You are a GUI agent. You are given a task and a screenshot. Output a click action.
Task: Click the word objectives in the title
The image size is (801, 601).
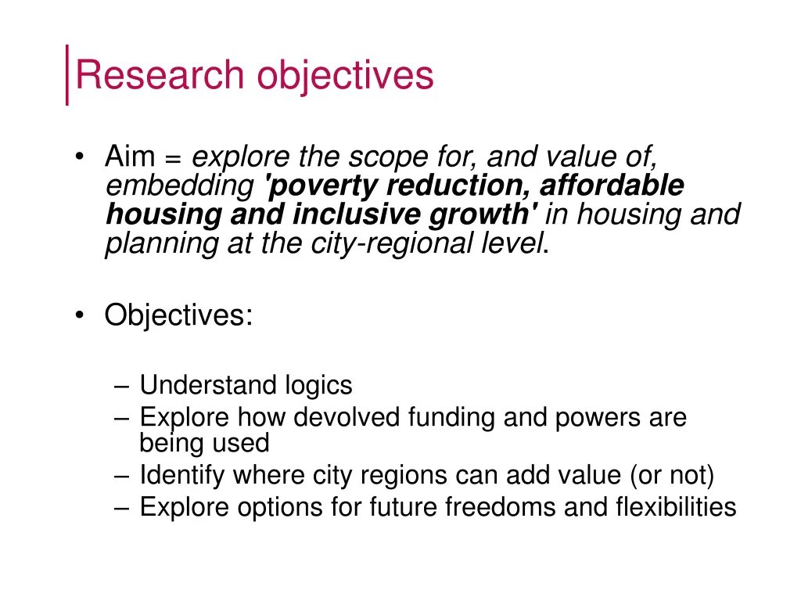click(x=343, y=76)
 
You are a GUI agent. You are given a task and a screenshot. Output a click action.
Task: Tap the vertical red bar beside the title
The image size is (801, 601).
click(x=67, y=74)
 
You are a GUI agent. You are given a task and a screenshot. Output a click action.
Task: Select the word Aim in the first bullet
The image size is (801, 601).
click(x=130, y=158)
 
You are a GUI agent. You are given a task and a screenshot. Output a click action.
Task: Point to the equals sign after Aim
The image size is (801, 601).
click(x=174, y=159)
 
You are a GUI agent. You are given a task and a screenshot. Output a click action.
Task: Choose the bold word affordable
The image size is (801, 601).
click(x=612, y=186)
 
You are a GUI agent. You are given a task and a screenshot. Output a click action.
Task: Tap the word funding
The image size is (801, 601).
click(x=452, y=417)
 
